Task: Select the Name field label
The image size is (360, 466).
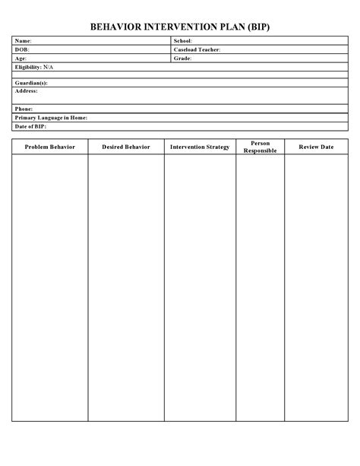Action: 24,40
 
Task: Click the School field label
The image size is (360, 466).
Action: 183,40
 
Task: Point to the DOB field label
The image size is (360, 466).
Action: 22,49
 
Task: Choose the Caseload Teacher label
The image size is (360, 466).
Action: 197,49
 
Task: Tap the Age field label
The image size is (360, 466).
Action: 21,59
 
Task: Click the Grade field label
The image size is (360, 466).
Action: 182,59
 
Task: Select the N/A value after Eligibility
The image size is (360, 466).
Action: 49,68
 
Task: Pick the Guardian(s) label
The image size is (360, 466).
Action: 31,82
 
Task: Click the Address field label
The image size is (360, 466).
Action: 27,90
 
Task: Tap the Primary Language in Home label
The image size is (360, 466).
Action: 51,118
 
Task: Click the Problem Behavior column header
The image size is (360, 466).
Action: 50,147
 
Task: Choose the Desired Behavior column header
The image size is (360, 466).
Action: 126,147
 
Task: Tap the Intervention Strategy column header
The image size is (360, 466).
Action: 200,147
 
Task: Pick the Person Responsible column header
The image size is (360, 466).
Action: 260,147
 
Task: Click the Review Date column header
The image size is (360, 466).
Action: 316,147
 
